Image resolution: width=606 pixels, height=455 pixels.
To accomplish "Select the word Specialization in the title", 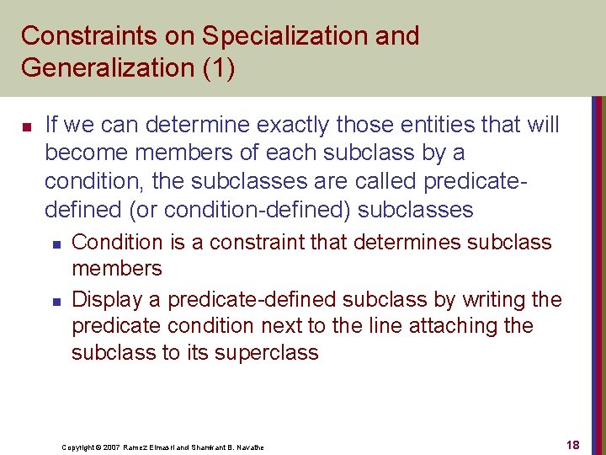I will pos(274,36).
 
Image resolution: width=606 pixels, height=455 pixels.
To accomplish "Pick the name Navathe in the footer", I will pos(248,447).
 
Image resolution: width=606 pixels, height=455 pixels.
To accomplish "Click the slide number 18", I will pos(573,444).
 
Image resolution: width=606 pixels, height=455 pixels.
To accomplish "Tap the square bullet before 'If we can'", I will pos(26,127).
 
